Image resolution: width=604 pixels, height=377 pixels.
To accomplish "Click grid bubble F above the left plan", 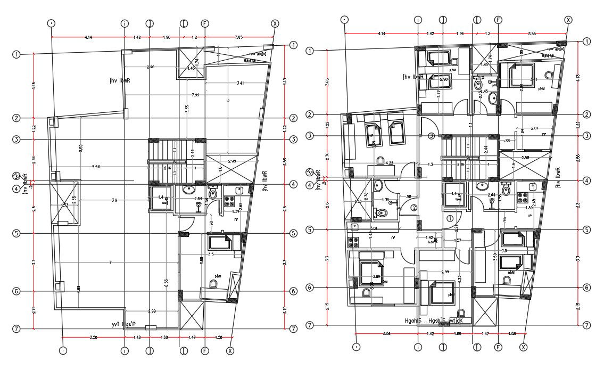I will point(204,23).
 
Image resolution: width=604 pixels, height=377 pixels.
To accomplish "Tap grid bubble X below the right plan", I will point(524,347).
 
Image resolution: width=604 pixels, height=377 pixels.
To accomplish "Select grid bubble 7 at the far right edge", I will point(587,325).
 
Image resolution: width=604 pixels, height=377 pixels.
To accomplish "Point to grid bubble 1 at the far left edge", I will point(16,54).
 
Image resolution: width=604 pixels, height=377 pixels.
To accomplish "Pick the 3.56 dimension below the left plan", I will point(94,337).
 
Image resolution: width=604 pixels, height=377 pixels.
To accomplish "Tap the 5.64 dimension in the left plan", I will point(96,167).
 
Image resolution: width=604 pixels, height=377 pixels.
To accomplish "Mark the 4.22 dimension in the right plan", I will point(390,163).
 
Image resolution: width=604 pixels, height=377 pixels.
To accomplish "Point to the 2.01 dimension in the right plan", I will point(534,128).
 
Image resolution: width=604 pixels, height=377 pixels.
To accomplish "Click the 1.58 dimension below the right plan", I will point(512,334).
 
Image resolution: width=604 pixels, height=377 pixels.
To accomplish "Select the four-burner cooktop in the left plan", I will point(230,201).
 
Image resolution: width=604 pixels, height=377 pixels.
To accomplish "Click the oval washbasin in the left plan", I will point(189,190).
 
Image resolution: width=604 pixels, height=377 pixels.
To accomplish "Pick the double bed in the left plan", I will point(220,243).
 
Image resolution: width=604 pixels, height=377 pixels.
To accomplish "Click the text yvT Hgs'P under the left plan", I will point(123,324).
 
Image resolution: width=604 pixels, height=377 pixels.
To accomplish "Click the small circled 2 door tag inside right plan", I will point(413,208).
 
